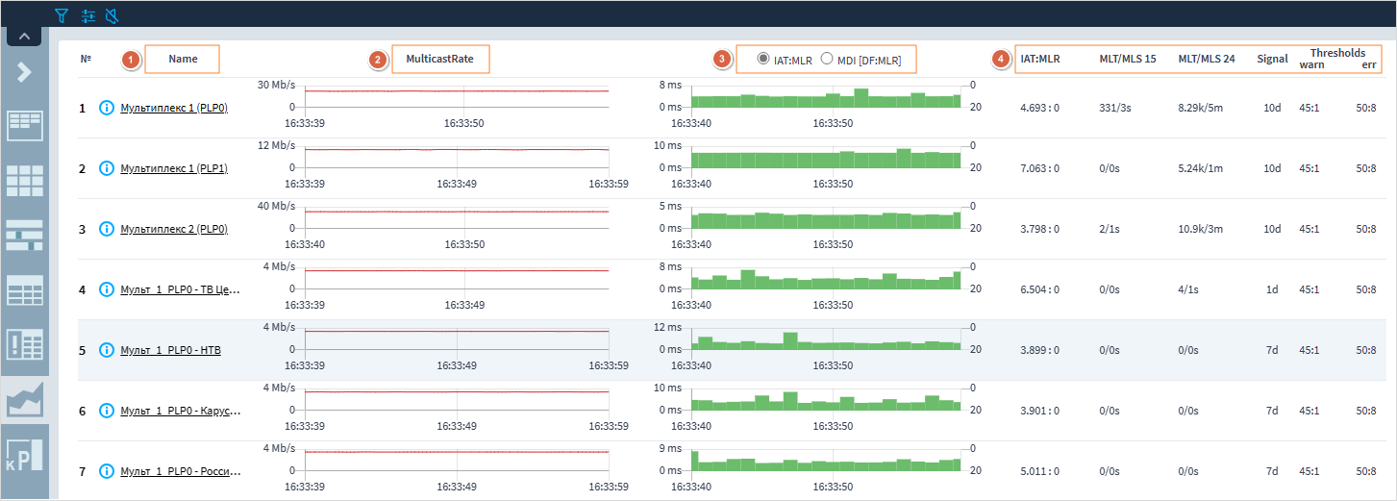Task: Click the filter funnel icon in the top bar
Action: tap(62, 15)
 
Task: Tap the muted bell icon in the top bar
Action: tap(112, 15)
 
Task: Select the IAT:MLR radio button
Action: tap(763, 59)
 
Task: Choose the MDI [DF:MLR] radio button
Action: tap(826, 59)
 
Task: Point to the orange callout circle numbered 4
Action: tap(1001, 60)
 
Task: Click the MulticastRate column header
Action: tap(440, 59)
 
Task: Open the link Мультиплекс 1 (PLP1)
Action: tap(173, 168)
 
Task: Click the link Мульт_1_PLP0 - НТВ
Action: tap(170, 350)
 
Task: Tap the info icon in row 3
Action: tap(107, 229)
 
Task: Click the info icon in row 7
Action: tap(107, 471)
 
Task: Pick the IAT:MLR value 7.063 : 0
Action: tap(1039, 168)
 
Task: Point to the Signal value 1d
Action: tap(1272, 289)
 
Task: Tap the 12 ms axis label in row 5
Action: tap(667, 327)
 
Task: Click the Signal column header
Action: tap(1272, 59)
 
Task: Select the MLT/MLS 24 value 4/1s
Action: tap(1188, 289)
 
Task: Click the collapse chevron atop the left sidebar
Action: tap(24, 37)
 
